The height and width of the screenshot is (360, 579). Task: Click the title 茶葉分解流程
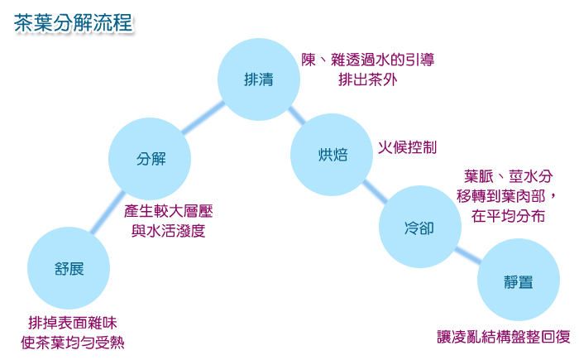pos(73,23)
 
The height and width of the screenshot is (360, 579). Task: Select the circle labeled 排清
pos(258,79)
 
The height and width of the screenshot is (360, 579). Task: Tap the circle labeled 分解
pos(150,159)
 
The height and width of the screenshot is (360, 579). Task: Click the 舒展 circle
pos(69,268)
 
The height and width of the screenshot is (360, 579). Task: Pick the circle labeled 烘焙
pos(332,155)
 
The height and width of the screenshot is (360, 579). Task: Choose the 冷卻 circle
pos(420,227)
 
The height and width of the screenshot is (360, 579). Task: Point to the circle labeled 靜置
pos(519,280)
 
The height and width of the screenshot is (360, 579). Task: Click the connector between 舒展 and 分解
pos(108,213)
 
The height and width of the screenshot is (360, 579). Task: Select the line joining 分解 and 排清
pos(203,118)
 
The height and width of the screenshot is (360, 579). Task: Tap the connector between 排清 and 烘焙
pos(296,115)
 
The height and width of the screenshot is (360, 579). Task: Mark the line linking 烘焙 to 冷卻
pos(375,191)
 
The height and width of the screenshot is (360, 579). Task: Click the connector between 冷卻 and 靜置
pos(468,255)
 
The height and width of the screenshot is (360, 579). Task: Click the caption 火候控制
pos(407,147)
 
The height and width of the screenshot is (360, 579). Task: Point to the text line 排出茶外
pos(368,79)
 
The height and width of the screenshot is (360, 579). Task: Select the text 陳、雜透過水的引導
pos(368,60)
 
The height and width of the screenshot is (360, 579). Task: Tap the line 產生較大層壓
pos(169,211)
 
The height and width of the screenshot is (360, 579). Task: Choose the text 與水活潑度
pos(169,231)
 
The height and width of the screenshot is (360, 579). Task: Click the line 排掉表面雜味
pos(73,323)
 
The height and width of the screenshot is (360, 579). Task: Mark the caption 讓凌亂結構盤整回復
pos(504,337)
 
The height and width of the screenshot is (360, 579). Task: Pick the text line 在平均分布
pos(508,216)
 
